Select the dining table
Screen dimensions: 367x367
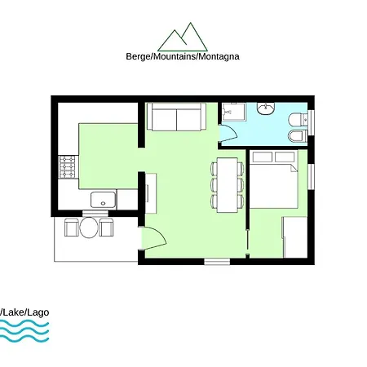click(x=228, y=184)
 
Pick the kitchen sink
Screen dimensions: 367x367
click(x=102, y=199)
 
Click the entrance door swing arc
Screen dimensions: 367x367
click(x=155, y=237)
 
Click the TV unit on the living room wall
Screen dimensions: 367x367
click(x=150, y=194)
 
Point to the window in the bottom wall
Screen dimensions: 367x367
click(x=217, y=262)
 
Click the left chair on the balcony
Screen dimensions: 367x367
click(x=70, y=228)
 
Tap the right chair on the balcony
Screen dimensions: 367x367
click(x=105, y=228)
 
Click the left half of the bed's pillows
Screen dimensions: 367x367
click(x=262, y=157)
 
